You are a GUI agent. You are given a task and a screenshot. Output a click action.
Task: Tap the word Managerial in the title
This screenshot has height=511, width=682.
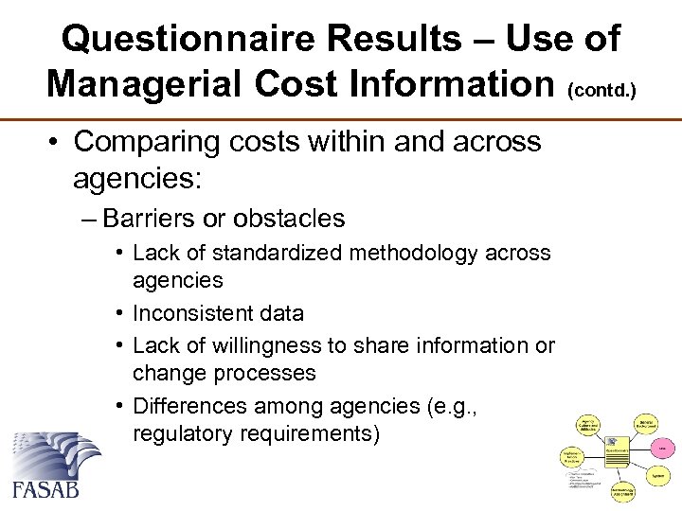[x=155, y=83]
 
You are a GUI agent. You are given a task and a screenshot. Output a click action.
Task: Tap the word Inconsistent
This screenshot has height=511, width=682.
[x=193, y=313]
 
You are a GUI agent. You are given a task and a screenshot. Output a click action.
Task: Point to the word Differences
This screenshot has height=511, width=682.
[x=189, y=407]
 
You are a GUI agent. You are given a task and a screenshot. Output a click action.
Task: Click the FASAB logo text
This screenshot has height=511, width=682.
[x=45, y=488]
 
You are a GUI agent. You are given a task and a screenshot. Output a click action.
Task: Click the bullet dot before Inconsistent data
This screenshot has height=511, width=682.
[x=120, y=313]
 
